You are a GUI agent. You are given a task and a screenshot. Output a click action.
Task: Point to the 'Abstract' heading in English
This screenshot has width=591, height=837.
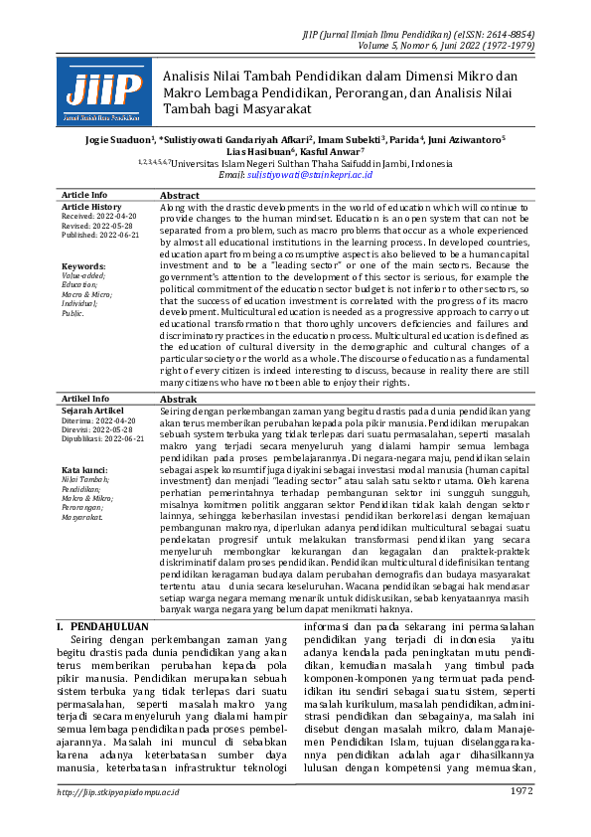[x=180, y=196]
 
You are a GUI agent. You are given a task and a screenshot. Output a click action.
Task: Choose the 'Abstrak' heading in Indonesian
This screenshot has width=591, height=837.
[x=179, y=399]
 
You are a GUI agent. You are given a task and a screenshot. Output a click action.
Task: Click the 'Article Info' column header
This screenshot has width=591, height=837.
[x=84, y=196]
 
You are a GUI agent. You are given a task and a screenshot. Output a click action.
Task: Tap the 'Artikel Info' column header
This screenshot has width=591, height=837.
[x=85, y=399]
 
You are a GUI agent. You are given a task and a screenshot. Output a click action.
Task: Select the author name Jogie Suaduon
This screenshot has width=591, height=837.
[x=111, y=140]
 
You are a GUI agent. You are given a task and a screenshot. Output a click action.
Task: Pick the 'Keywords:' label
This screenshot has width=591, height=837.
[x=83, y=266]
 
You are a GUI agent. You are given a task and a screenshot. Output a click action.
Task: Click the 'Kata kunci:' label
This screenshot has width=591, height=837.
[x=85, y=469]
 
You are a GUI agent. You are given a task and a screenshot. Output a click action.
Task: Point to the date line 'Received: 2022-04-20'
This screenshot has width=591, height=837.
[x=98, y=215]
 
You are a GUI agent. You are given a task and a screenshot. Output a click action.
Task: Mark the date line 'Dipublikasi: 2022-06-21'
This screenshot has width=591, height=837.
[x=102, y=437]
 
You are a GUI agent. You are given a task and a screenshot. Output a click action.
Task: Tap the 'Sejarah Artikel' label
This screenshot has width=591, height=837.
[x=92, y=410]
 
